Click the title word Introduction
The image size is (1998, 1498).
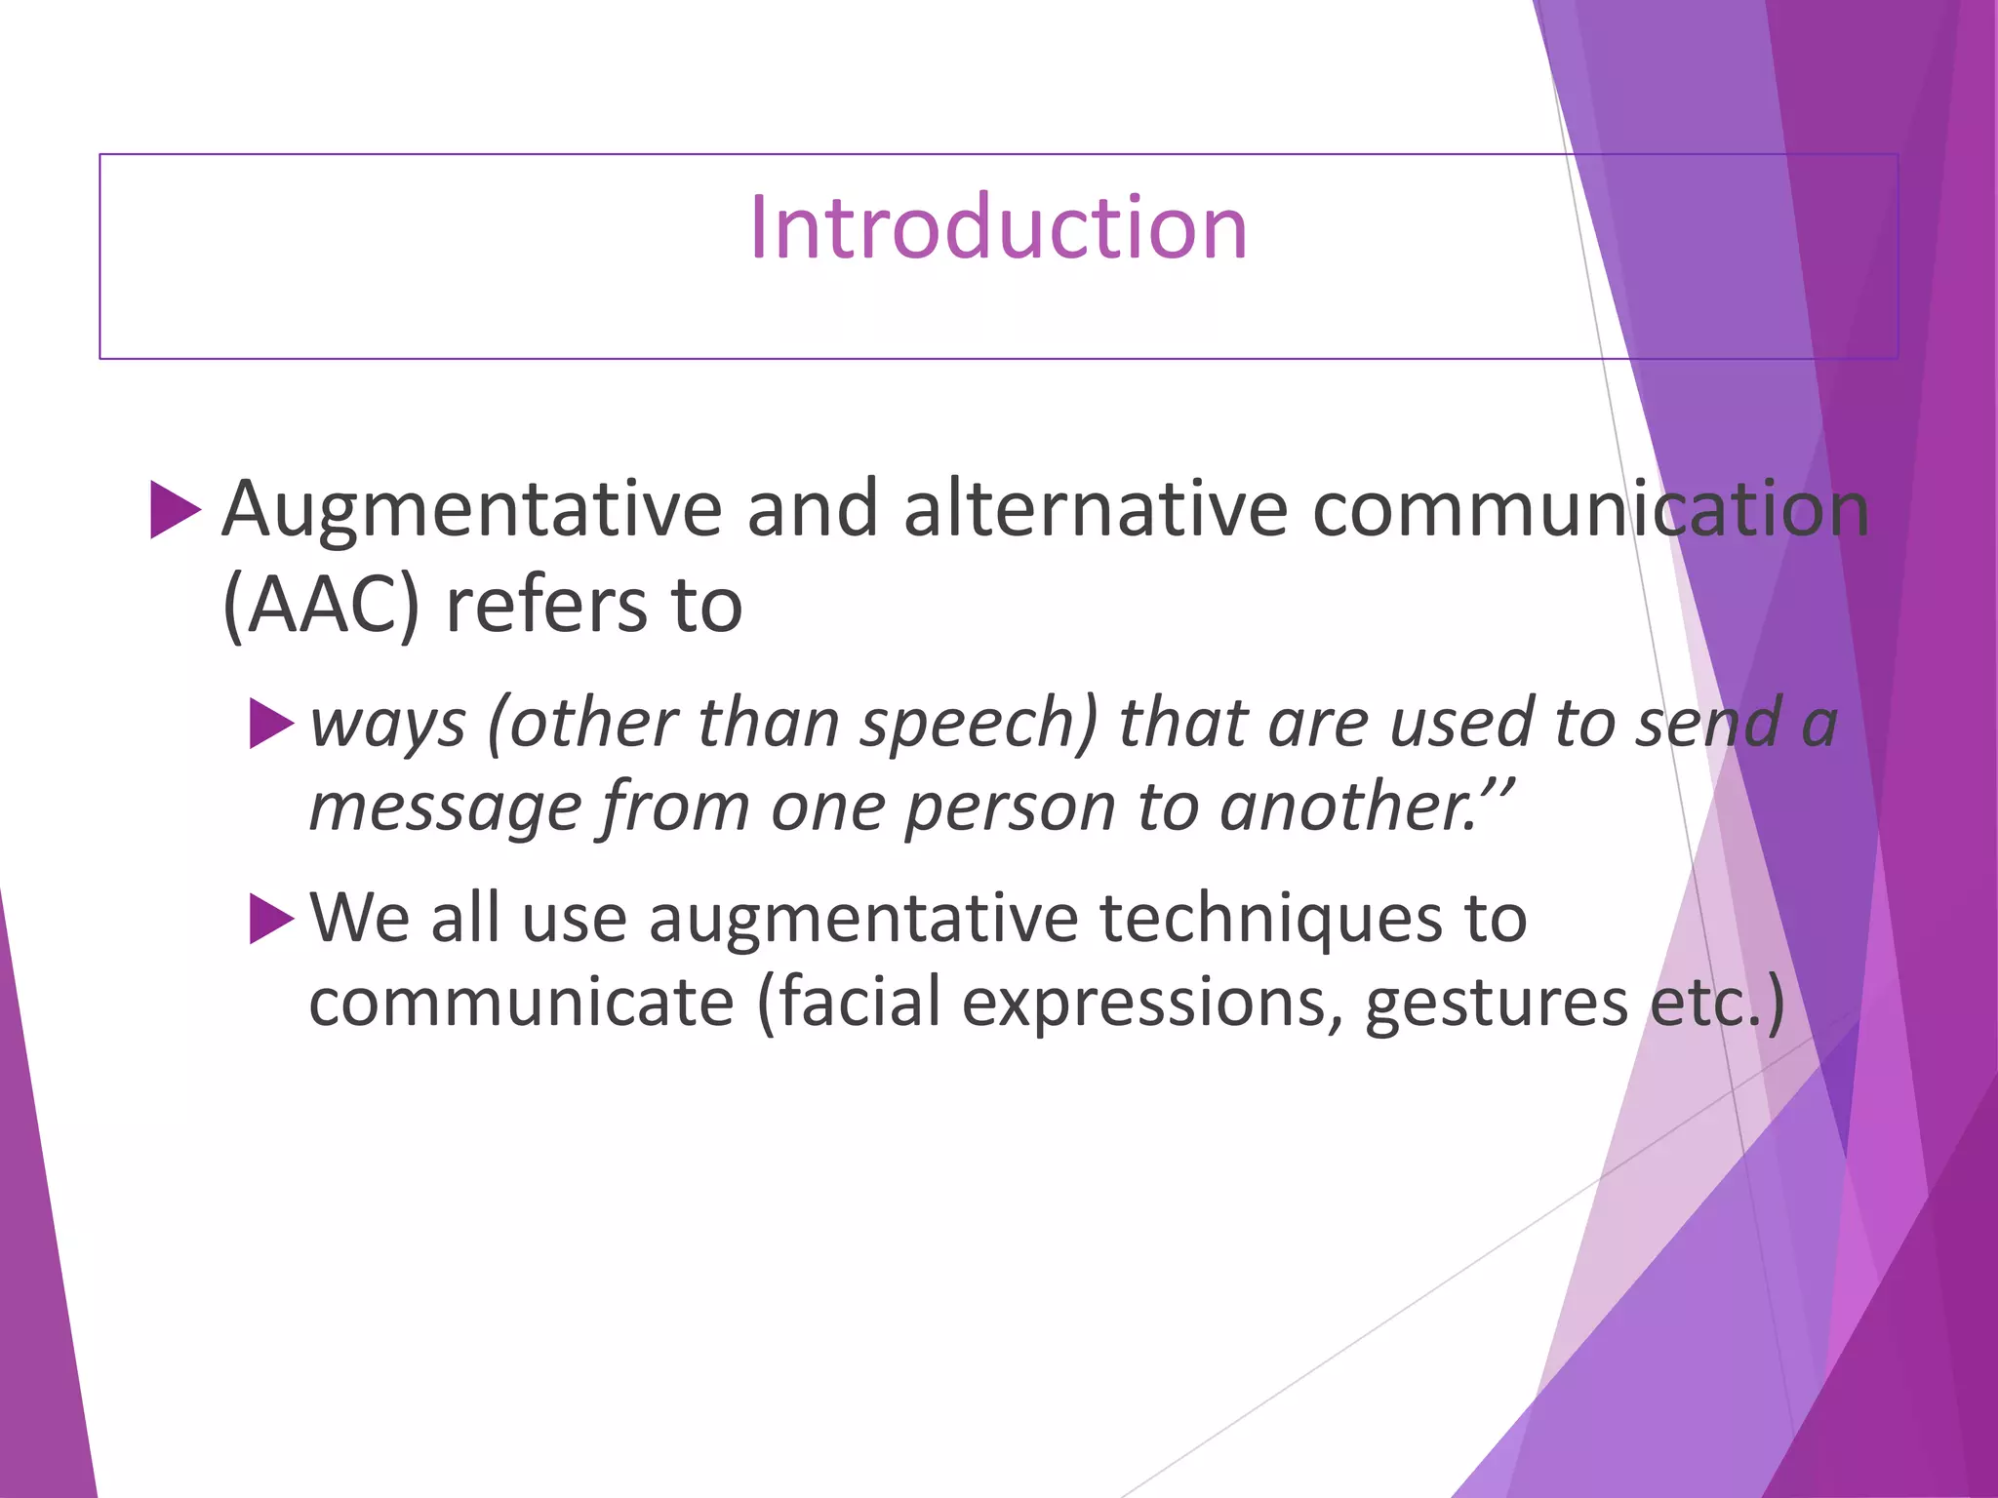click(x=998, y=227)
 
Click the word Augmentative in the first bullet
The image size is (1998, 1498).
click(x=471, y=510)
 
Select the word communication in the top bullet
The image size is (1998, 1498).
click(x=1590, y=510)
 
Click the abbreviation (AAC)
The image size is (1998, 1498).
click(x=321, y=607)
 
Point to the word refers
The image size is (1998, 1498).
click(x=544, y=607)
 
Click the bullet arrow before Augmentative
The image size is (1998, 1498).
click(x=175, y=509)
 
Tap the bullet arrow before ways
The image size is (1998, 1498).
click(x=271, y=724)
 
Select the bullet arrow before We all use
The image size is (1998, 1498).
click(x=271, y=919)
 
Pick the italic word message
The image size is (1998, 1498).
click(x=445, y=808)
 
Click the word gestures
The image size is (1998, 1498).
click(x=1497, y=1003)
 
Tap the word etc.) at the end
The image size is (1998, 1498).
click(x=1717, y=1003)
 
